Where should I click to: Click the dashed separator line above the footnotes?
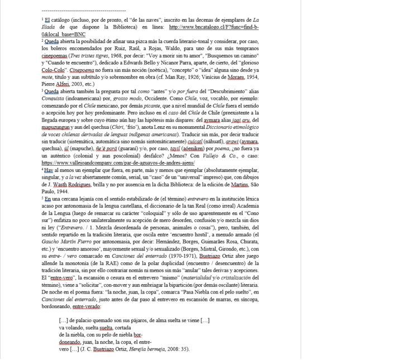84,11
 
